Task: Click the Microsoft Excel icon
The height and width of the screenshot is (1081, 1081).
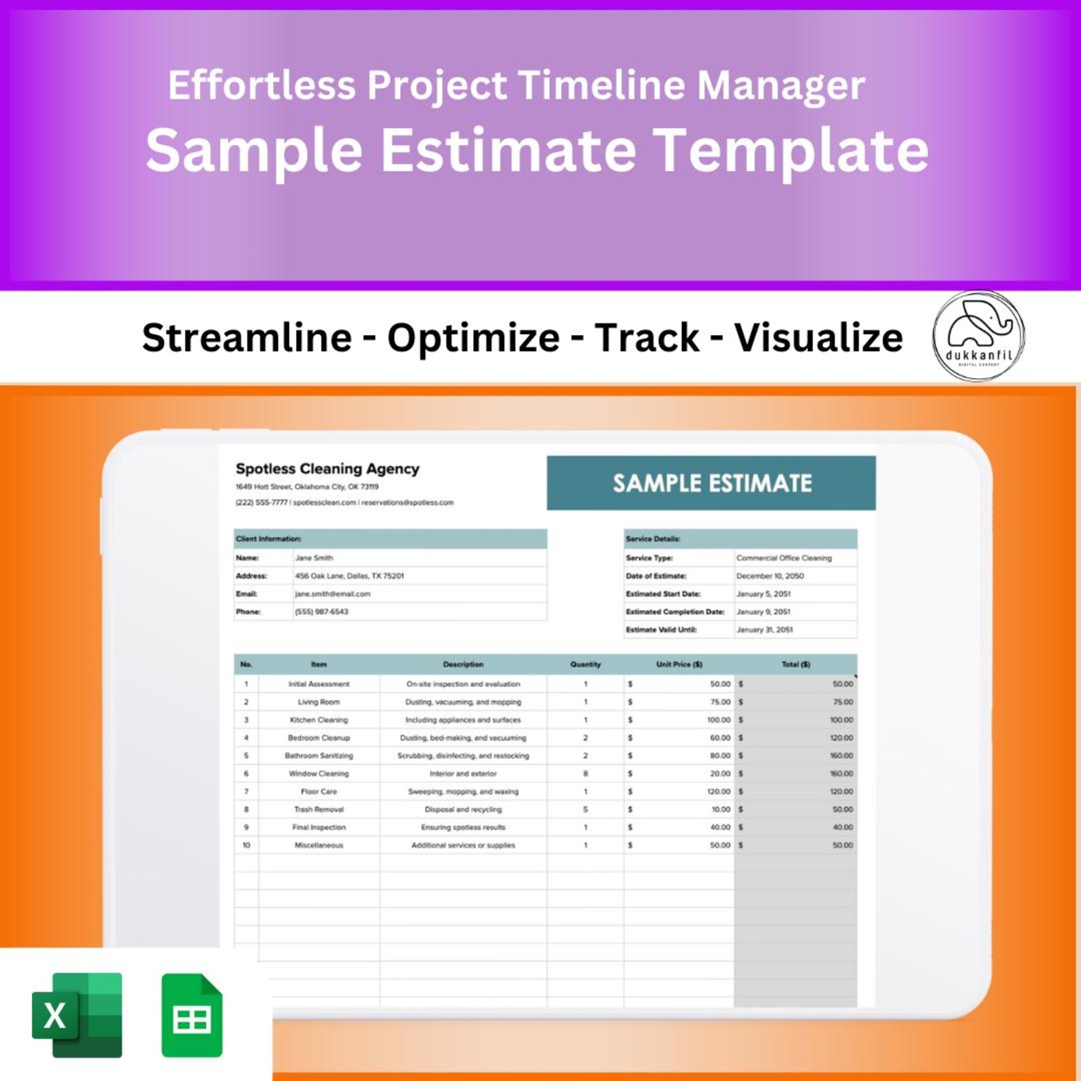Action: click(x=77, y=1015)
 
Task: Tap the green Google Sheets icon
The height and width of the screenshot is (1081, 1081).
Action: click(x=192, y=1015)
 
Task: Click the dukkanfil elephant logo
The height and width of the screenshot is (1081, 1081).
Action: click(x=978, y=336)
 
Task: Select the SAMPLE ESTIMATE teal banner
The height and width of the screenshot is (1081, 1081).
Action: click(x=711, y=483)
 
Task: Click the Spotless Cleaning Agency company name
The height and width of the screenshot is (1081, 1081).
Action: click(x=327, y=468)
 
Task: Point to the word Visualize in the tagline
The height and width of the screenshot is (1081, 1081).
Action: click(x=818, y=337)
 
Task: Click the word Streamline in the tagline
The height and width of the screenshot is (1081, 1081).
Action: click(x=246, y=337)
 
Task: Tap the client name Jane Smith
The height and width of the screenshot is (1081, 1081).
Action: click(x=314, y=558)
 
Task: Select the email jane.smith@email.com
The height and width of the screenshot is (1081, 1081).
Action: click(x=332, y=594)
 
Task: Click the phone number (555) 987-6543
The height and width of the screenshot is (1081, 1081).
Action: click(x=321, y=611)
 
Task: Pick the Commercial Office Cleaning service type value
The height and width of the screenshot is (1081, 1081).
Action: click(x=784, y=558)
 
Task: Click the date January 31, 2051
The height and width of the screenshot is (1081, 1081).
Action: click(x=764, y=630)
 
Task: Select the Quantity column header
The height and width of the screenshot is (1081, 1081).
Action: click(x=585, y=664)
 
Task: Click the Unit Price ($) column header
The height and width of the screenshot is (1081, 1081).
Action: click(x=679, y=664)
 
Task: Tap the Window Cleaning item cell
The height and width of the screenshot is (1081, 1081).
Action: click(x=319, y=773)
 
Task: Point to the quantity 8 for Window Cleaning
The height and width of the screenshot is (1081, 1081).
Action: click(x=585, y=773)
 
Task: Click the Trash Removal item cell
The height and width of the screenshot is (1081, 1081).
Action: click(x=319, y=809)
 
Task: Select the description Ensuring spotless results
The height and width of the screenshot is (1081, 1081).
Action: click(x=463, y=827)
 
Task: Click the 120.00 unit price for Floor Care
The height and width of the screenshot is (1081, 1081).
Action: click(x=718, y=792)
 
